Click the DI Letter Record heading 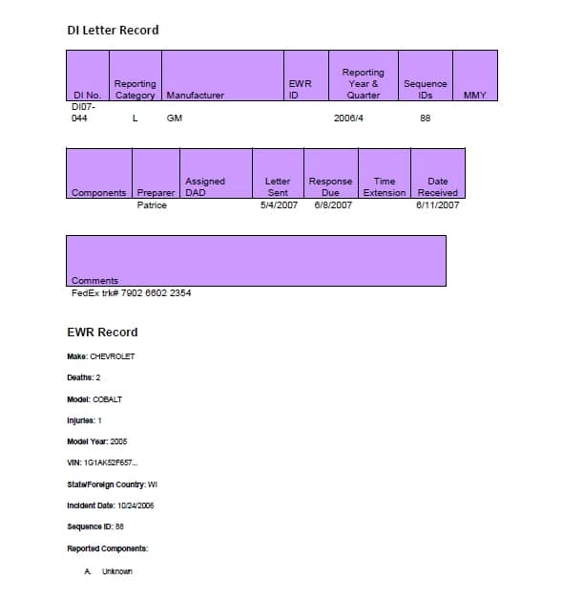pos(113,30)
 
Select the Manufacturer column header pos(196,95)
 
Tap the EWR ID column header pos(300,89)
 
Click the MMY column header pos(475,95)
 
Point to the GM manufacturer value pos(174,118)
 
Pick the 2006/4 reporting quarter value pos(348,118)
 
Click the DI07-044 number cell pos(83,112)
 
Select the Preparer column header pos(156,192)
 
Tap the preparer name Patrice pos(152,205)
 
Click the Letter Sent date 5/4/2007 pos(279,205)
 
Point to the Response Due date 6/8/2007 pos(333,205)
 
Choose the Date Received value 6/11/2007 pos(438,205)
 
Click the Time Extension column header pos(385,186)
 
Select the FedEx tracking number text pos(131,293)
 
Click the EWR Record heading pos(102,333)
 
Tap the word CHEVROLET pos(113,356)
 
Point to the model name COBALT pos(108,399)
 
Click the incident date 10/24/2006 pos(136,505)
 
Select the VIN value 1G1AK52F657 pos(111,462)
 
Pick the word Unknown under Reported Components pos(117,571)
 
